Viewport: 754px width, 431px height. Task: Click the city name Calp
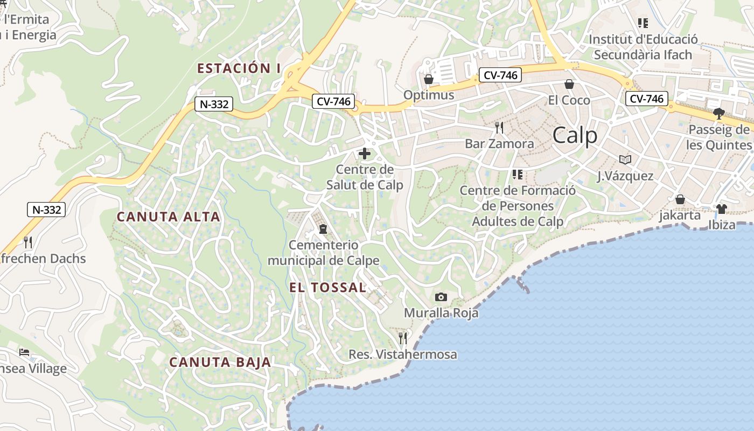coord(575,135)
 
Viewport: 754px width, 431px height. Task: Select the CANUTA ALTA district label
coord(169,217)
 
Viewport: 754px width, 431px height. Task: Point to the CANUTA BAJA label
coord(220,362)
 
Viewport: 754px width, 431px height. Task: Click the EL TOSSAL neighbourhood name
coord(328,287)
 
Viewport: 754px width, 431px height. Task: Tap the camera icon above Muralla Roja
coord(441,297)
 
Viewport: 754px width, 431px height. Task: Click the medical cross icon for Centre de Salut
coord(365,154)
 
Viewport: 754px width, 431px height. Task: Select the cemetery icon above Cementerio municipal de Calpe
coord(323,230)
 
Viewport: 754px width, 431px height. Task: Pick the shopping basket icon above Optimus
coord(429,79)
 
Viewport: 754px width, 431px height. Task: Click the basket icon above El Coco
coord(569,84)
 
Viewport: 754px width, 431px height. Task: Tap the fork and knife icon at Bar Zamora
coord(499,128)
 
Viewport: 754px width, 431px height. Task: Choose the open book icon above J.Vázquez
coord(625,159)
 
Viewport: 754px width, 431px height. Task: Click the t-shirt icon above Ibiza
coord(722,208)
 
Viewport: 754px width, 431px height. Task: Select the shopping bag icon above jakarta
coord(680,199)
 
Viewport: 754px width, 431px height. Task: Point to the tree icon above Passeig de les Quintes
coord(718,113)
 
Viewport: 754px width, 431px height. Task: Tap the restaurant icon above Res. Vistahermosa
coord(403,338)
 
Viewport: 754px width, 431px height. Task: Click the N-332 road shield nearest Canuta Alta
coord(46,210)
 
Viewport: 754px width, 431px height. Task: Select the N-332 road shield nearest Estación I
coord(214,104)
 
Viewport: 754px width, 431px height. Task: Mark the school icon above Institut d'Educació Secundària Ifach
coord(643,23)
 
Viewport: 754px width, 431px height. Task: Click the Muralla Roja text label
coord(441,312)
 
